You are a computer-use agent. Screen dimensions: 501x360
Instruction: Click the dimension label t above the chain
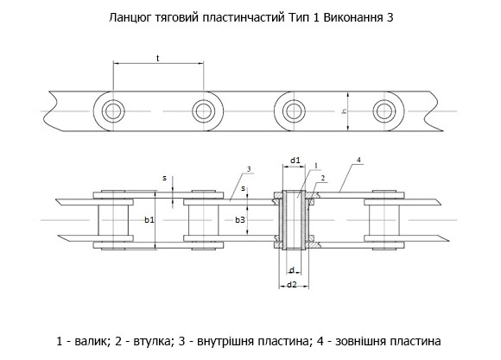[x=158, y=58]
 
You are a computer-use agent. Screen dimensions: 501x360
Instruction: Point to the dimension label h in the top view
[x=345, y=111]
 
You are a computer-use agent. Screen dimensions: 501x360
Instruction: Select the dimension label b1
[x=149, y=220]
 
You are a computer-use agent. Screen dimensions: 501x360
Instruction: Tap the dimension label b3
[x=240, y=220]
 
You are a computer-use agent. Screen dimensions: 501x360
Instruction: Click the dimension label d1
[x=295, y=161]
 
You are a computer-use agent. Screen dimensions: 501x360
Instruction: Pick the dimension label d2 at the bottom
[x=292, y=284]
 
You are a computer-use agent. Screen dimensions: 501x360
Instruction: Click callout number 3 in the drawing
[x=249, y=169]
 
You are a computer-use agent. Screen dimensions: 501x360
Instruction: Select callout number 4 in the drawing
[x=358, y=160]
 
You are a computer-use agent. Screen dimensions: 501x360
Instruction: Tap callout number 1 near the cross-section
[x=315, y=166]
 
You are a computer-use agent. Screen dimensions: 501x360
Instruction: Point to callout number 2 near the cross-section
[x=323, y=178]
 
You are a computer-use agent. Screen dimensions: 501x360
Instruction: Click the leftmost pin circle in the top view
[x=113, y=111]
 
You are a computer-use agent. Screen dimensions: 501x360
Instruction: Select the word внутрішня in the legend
[x=222, y=342]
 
